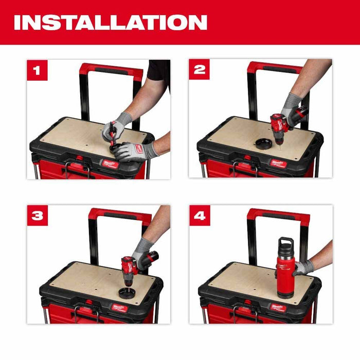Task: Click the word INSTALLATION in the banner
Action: [111, 22]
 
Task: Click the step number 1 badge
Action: [37, 70]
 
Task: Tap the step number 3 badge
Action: [37, 215]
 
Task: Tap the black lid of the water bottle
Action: [285, 244]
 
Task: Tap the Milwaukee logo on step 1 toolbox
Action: [109, 164]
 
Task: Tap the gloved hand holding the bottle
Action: [303, 267]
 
